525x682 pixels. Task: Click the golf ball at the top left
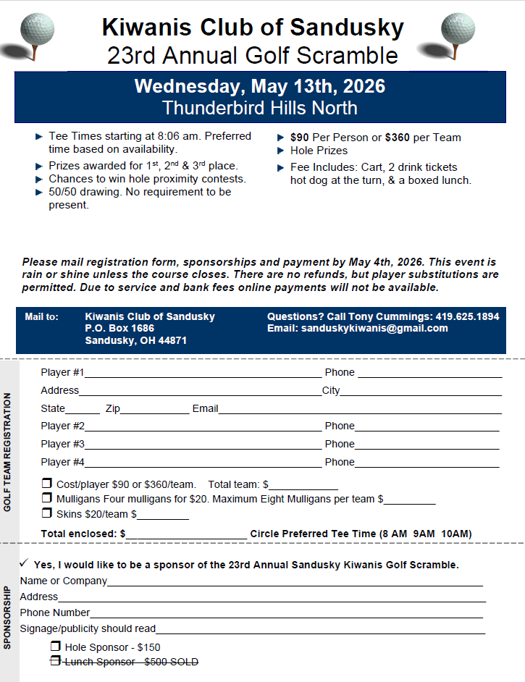pos(37,30)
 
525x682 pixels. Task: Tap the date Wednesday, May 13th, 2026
pos(259,86)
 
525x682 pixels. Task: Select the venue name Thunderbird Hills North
pos(259,108)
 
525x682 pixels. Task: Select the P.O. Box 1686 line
pos(119,328)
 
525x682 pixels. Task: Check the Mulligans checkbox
pos(47,498)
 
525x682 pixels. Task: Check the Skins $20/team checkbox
pos(47,513)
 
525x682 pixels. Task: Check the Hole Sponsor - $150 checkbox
pos(55,647)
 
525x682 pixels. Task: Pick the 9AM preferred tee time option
pos(424,534)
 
